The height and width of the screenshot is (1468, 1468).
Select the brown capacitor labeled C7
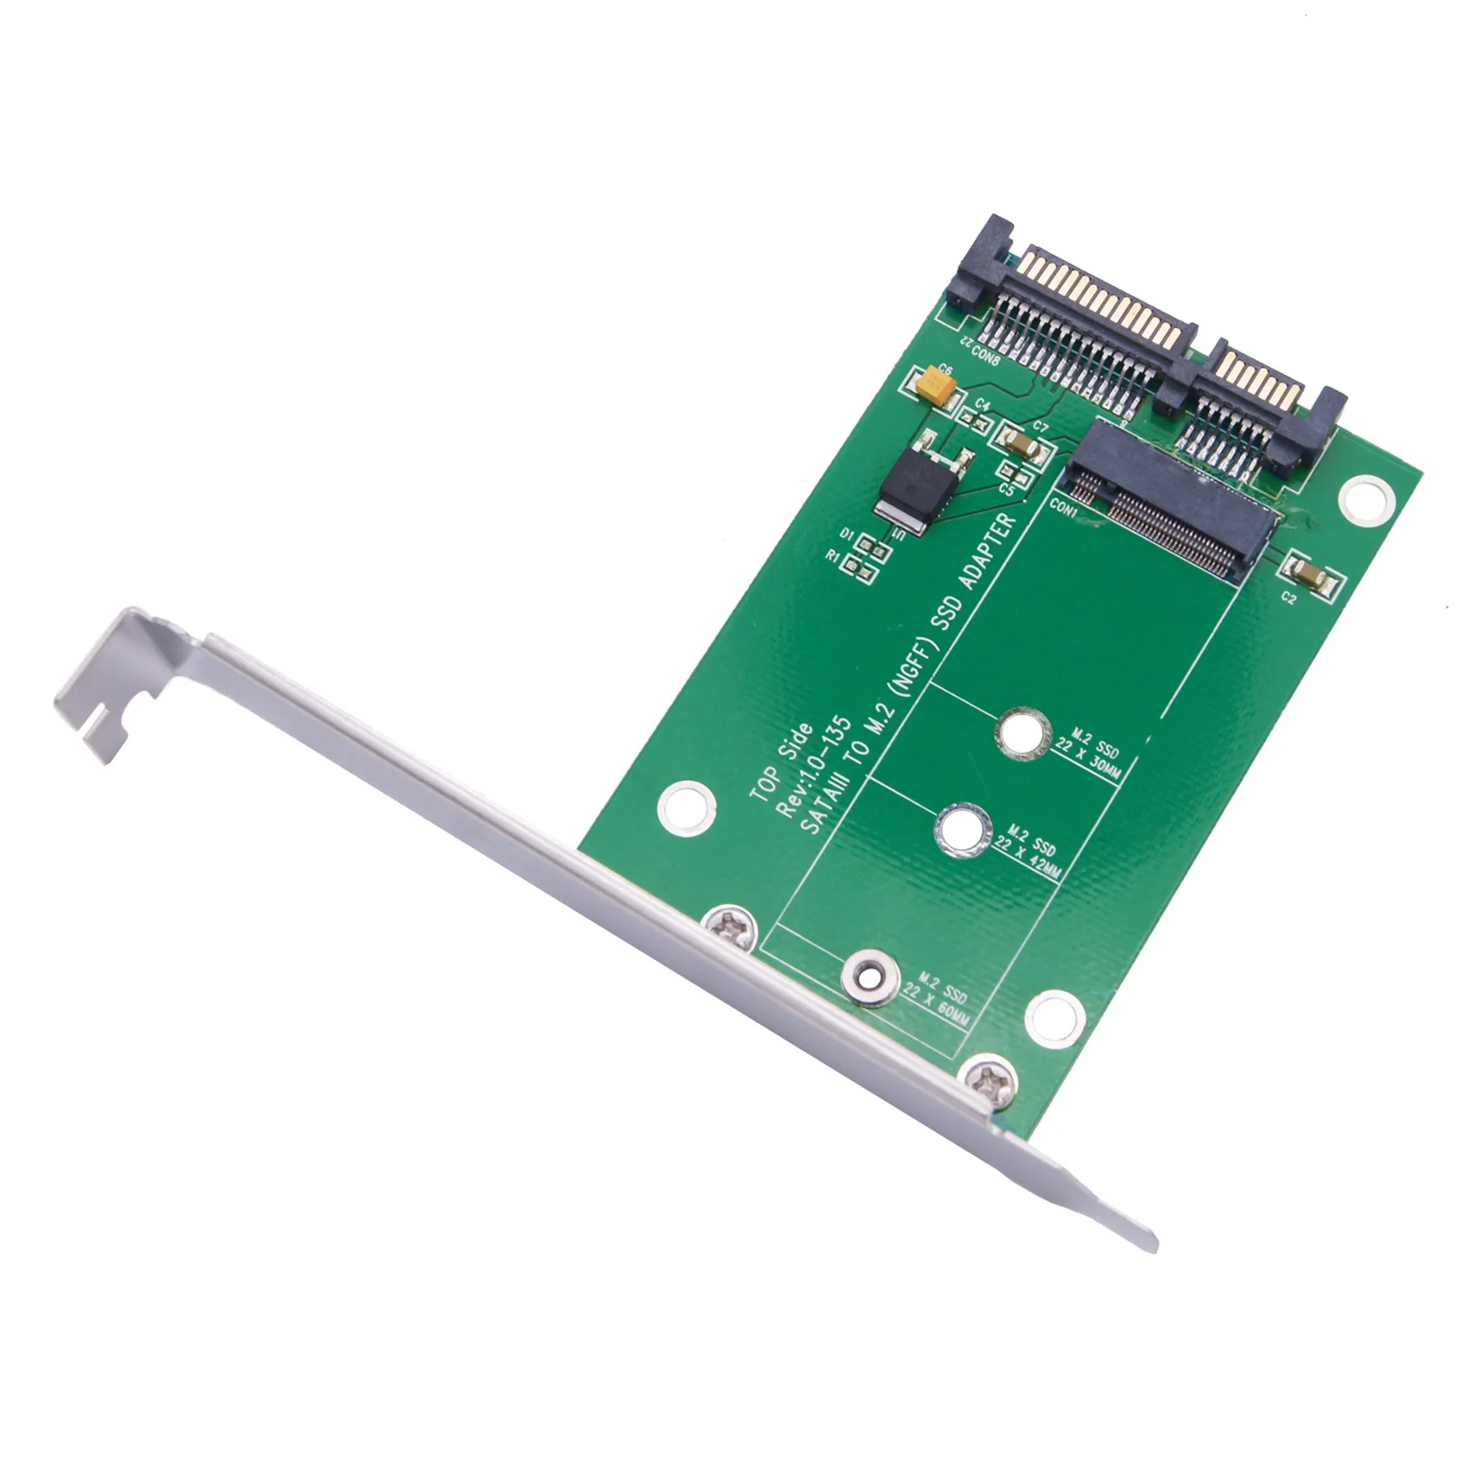point(1025,446)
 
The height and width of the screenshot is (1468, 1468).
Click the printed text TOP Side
point(782,764)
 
